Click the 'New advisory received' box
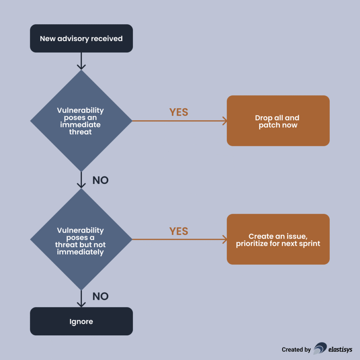(81, 38)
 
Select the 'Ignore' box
(81, 321)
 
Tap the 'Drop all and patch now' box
(278, 121)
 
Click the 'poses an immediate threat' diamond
(81, 121)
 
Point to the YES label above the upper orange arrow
(179, 112)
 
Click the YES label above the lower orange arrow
(179, 231)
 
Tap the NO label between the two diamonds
(100, 180)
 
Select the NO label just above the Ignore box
(100, 296)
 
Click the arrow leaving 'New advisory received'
(81, 61)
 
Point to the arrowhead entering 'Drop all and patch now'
(224, 121)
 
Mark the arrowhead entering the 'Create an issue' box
(224, 240)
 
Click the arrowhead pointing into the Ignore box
(81, 304)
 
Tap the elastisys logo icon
(320, 348)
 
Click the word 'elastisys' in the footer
(340, 349)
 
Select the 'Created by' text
(296, 349)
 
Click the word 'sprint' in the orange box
(310, 243)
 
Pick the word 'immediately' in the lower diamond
(81, 252)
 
